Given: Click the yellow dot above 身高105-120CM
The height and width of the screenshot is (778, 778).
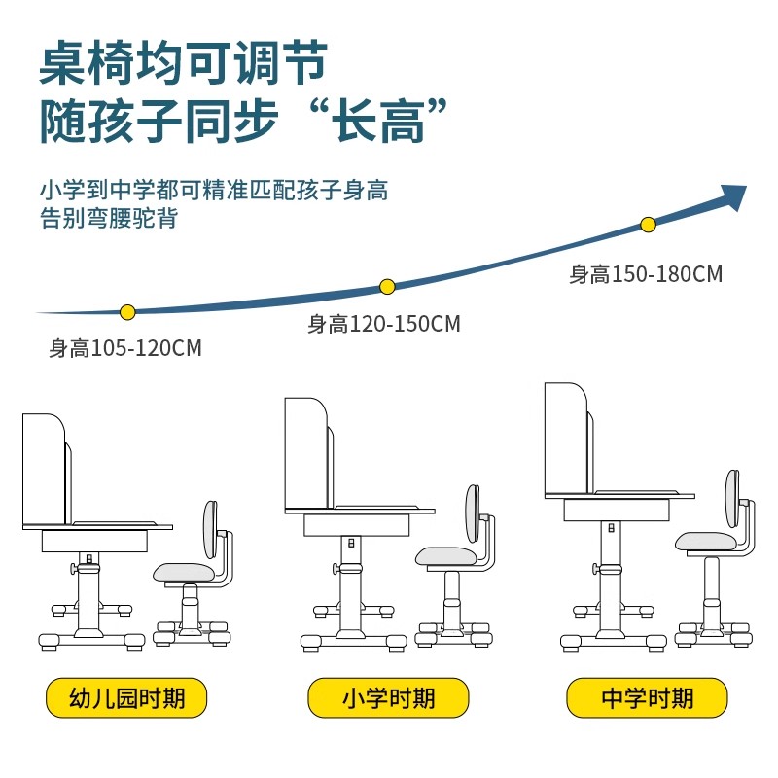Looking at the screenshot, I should [x=126, y=312].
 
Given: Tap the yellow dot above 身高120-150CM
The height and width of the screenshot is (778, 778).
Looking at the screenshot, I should [x=387, y=286].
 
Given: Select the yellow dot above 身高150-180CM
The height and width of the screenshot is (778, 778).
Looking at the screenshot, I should [x=649, y=225].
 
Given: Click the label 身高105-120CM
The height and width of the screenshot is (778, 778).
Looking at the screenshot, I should [x=125, y=348].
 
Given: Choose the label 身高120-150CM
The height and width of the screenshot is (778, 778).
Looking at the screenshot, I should [x=384, y=324].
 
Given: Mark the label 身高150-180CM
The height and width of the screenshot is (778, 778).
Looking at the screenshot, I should [x=646, y=274].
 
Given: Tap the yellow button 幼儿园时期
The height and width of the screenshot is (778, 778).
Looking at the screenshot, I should [x=127, y=697].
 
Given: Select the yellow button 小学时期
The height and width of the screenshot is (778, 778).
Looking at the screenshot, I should [x=388, y=697].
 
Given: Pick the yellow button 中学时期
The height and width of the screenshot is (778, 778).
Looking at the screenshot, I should [x=648, y=697].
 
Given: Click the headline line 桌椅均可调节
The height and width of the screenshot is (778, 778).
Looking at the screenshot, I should [x=183, y=64].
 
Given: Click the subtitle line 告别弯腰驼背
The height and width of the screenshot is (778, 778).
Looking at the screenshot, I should [x=109, y=218].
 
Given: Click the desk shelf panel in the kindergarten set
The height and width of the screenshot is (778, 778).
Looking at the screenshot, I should [x=43, y=470].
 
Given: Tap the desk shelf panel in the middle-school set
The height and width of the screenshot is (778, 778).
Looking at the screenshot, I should [x=565, y=438].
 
